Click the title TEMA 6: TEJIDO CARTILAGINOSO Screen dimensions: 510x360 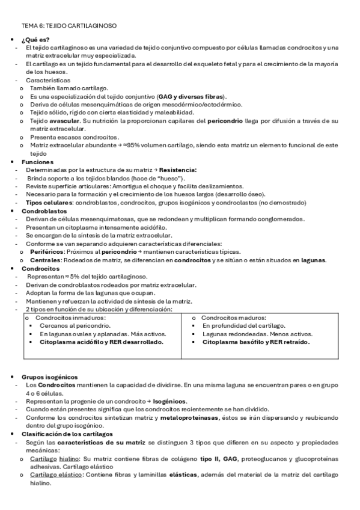tap(69, 26)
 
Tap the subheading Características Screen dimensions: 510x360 tap(47, 80)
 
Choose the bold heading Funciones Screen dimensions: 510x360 tap(37, 162)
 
